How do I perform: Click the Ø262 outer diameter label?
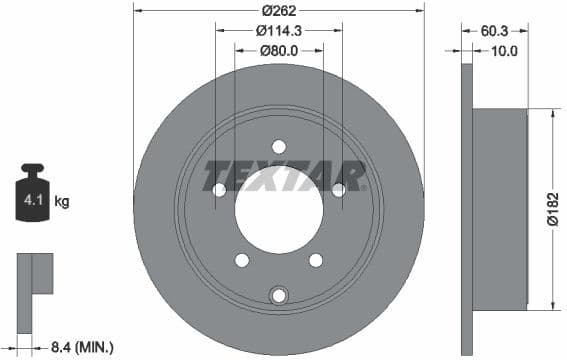click(279, 11)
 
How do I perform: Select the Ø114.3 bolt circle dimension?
click(279, 31)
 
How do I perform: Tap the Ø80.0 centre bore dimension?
click(279, 50)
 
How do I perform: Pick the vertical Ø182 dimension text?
click(552, 208)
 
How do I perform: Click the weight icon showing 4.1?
click(33, 197)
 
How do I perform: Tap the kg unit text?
click(62, 202)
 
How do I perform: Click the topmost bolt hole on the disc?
click(279, 146)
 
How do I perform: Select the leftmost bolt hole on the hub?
click(219, 189)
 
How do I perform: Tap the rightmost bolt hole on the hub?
click(338, 189)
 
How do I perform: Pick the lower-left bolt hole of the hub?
click(242, 260)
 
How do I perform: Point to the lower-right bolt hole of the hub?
click(316, 260)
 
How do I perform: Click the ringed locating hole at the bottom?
click(279, 294)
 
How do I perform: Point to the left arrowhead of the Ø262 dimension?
click(137, 11)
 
